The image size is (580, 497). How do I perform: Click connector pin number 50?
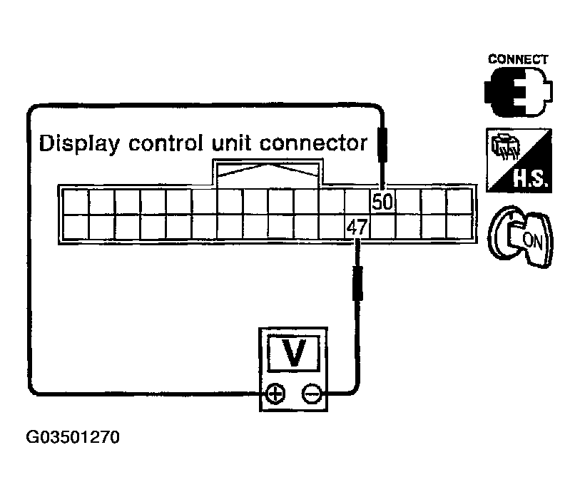[382, 202]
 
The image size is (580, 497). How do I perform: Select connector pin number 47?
[356, 227]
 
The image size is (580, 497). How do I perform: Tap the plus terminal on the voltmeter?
[275, 393]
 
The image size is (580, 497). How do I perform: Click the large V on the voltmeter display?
[292, 354]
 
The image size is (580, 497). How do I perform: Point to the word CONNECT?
[518, 59]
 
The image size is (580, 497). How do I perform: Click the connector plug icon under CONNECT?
[518, 91]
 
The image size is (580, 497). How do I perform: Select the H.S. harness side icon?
[517, 161]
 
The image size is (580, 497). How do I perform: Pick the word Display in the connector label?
[78, 143]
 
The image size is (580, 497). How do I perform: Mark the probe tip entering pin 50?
[383, 182]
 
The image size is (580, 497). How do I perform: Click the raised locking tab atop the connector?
[268, 173]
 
